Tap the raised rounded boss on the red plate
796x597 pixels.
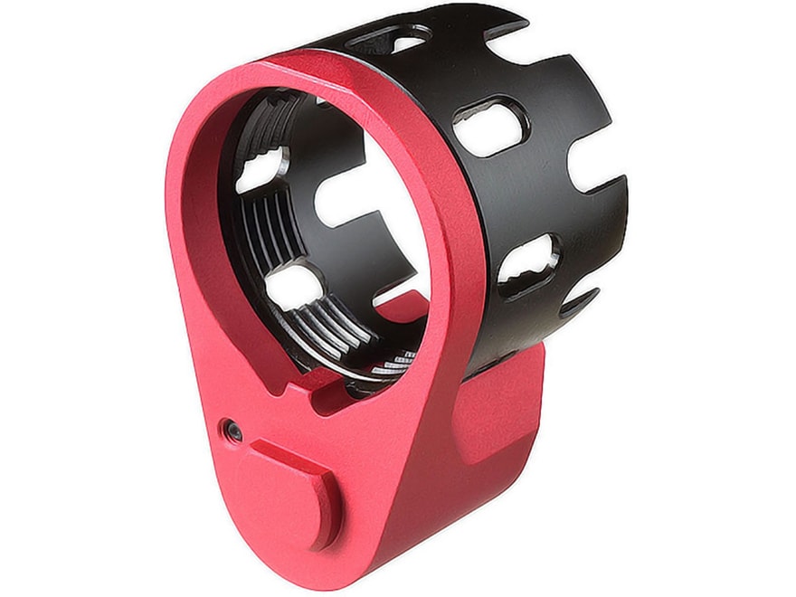pyautogui.click(x=293, y=488)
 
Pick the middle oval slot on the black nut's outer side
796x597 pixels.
pyautogui.click(x=489, y=125)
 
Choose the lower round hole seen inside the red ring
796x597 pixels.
pyautogui.click(x=290, y=288)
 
